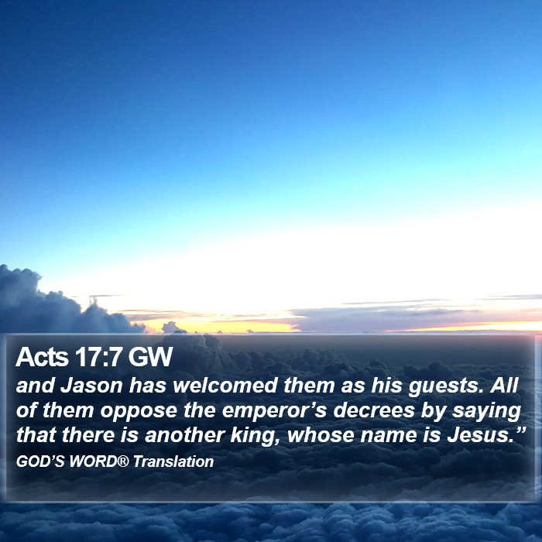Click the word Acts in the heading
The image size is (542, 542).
[x=42, y=357]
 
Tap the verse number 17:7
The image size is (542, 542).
[x=98, y=357]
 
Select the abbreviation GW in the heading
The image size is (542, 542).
[x=150, y=357]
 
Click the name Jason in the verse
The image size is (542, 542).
[x=91, y=386]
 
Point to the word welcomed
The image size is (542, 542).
[x=226, y=386]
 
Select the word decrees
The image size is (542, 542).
[x=374, y=410]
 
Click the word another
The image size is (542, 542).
[x=185, y=435]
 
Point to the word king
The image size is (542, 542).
[x=255, y=436]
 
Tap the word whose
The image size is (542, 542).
[x=321, y=435]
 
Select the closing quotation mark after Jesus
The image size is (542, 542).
[x=520, y=430]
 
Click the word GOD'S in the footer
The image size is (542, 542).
[x=40, y=461]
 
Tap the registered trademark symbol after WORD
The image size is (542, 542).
[x=123, y=461]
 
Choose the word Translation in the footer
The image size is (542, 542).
[x=173, y=461]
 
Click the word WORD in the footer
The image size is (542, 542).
[x=94, y=461]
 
